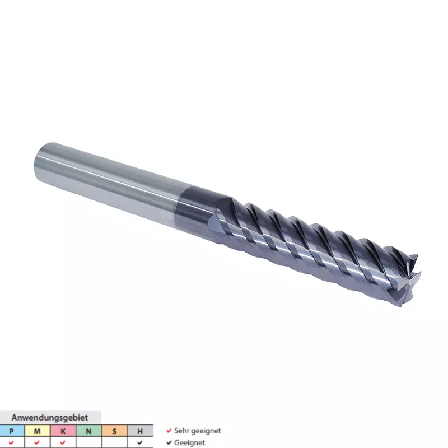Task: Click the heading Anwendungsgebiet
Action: (x=50, y=417)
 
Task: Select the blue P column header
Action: (x=11, y=431)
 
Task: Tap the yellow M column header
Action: (x=37, y=431)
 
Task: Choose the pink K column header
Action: (x=63, y=431)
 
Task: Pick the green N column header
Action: (x=88, y=431)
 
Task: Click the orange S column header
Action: (x=114, y=431)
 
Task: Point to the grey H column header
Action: (x=140, y=431)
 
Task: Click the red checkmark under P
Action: (x=11, y=442)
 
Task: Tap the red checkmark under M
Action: (x=37, y=442)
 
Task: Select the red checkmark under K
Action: (x=63, y=442)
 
